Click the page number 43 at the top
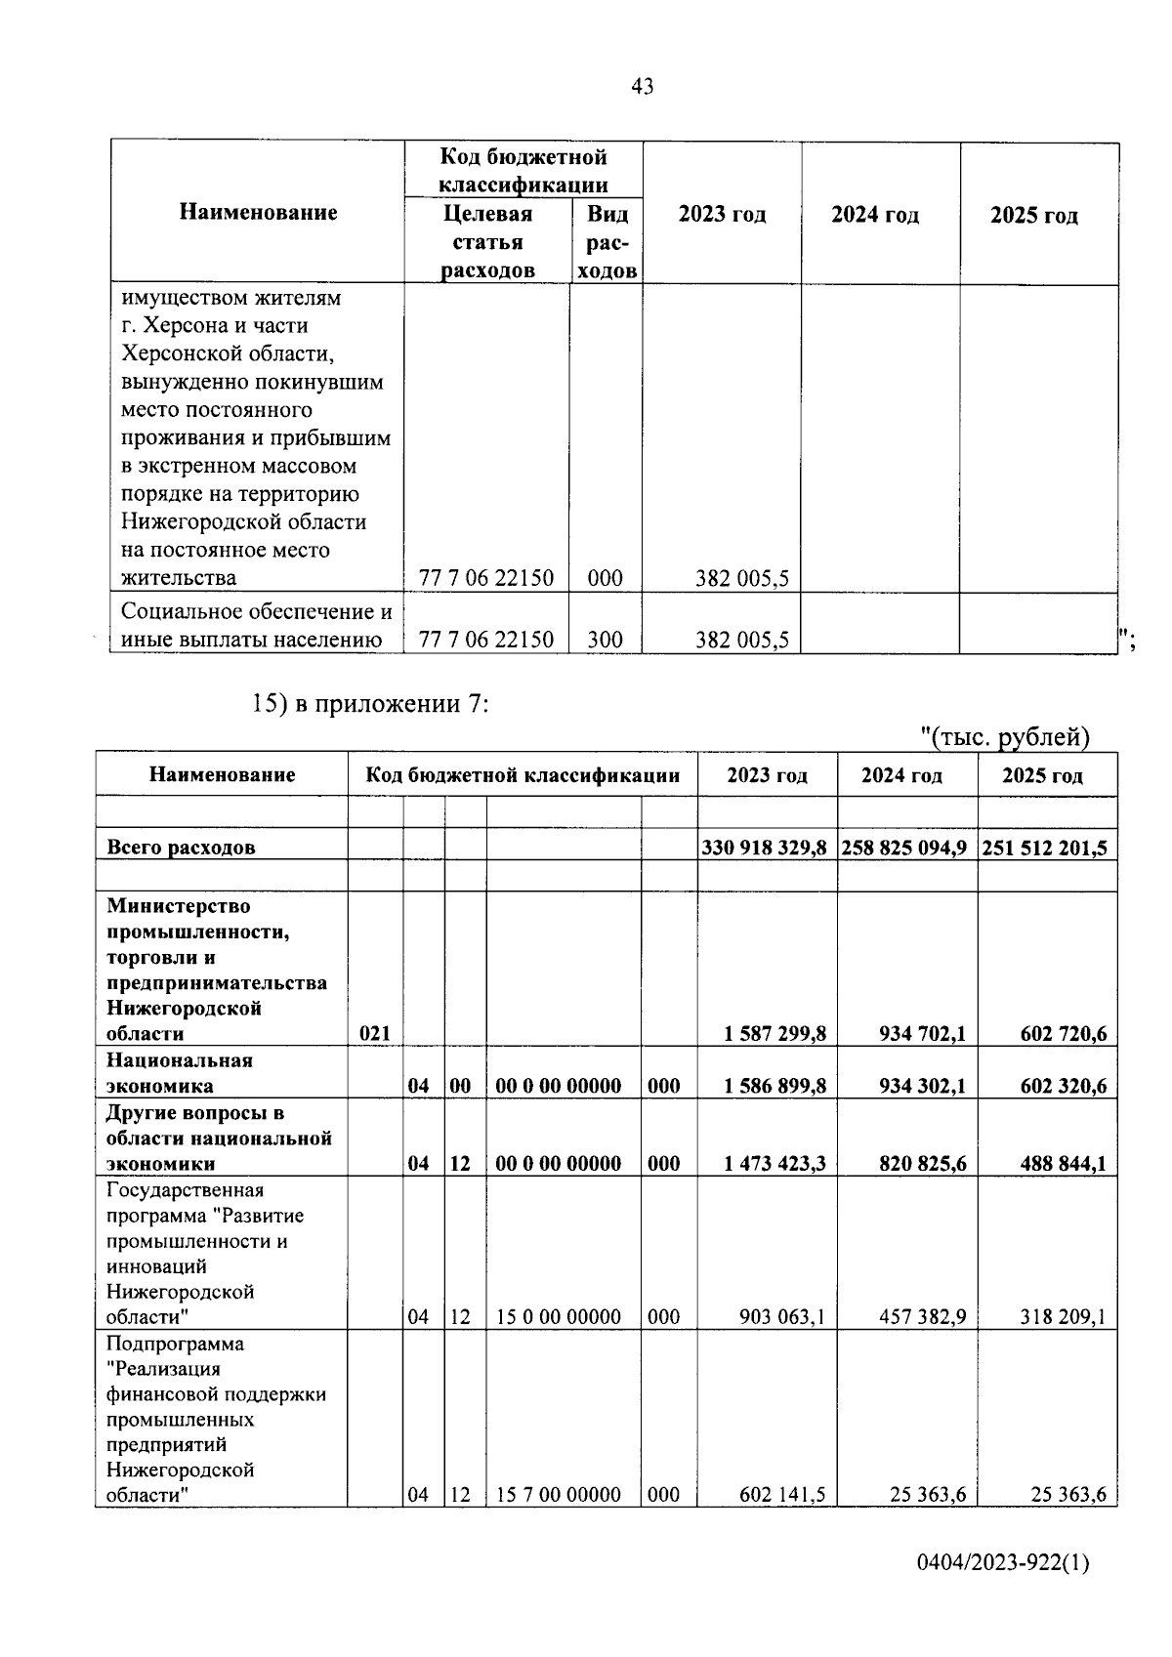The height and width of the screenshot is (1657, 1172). [x=642, y=87]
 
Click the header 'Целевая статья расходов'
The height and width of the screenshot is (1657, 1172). [x=487, y=241]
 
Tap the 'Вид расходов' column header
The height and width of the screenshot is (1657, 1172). [x=607, y=241]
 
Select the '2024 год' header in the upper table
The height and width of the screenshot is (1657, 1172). [x=874, y=215]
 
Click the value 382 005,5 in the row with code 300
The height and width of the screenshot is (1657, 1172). [x=741, y=641]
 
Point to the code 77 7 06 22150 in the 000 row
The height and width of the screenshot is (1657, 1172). [x=485, y=578]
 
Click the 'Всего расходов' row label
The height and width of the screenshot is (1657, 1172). [x=181, y=848]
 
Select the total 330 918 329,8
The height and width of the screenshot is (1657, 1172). [x=765, y=848]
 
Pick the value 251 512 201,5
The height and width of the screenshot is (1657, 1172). [x=1044, y=848]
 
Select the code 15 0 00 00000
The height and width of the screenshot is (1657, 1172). [x=558, y=1317]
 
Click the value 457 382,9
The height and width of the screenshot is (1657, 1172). [x=915, y=1317]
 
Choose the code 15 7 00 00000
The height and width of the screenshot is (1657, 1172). [x=558, y=1495]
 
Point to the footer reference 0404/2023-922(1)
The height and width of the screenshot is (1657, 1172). [x=1002, y=1564]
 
